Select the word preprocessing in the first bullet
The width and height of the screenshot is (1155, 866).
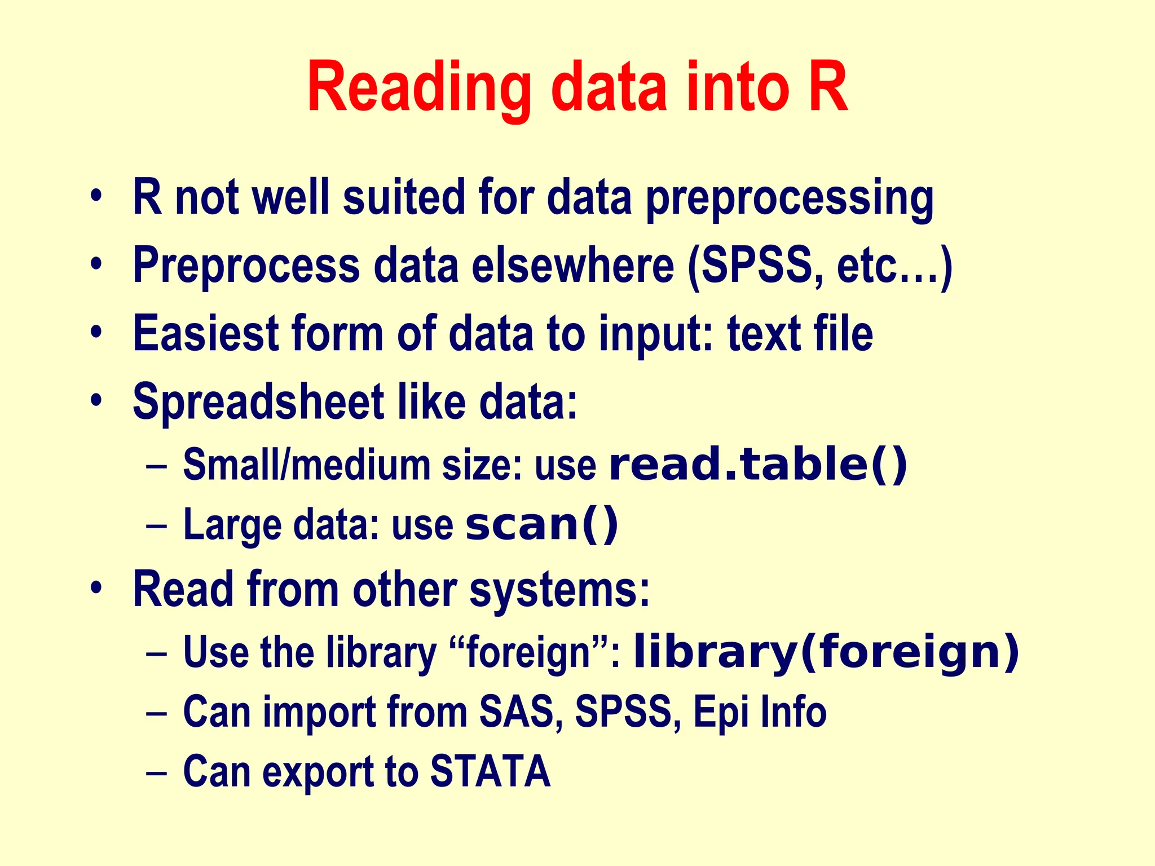click(790, 198)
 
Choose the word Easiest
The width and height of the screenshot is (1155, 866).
click(206, 333)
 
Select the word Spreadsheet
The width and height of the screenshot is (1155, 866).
click(259, 402)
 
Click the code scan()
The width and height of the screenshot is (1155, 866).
click(541, 525)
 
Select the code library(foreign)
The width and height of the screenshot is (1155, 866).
click(826, 652)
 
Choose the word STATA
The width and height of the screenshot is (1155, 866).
click(490, 771)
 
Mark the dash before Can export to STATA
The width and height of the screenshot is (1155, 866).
click(156, 772)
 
